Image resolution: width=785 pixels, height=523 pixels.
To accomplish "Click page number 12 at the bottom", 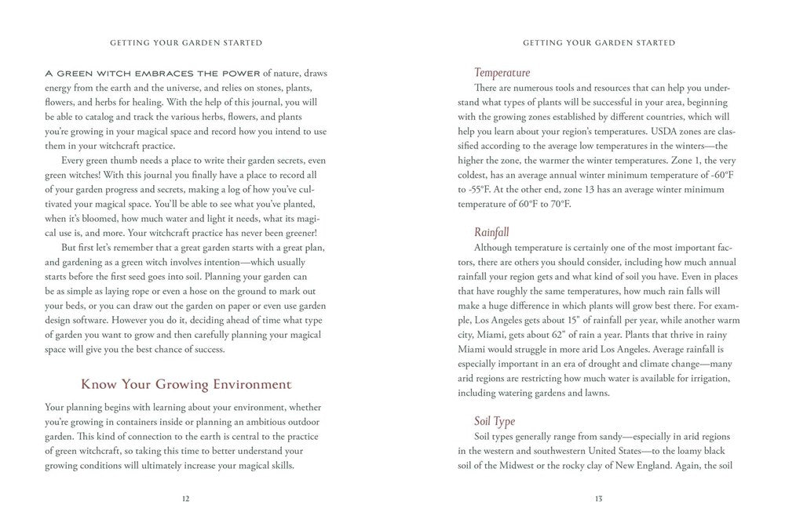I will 184,498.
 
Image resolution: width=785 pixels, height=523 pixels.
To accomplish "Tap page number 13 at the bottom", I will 598,498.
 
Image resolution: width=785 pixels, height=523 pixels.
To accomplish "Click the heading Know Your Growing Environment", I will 186,385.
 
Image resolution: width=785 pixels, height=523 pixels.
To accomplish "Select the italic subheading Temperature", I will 502,73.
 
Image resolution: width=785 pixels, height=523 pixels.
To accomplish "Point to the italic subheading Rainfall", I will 492,232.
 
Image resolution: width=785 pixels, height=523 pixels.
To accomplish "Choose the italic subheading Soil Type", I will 495,422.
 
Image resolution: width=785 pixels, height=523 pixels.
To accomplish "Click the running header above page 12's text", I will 186,42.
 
